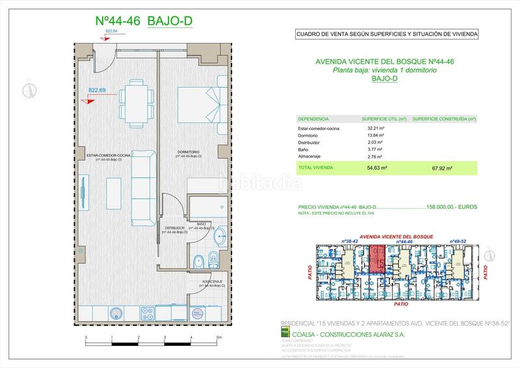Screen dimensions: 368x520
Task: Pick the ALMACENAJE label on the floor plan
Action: click(215, 281)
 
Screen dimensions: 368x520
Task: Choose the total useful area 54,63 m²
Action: click(377, 168)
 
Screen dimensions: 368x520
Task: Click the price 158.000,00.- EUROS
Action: click(452, 207)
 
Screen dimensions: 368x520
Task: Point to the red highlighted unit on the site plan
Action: click(377, 259)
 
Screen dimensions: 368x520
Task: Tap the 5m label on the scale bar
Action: click(219, 337)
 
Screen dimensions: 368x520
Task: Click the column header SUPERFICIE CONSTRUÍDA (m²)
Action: click(444, 119)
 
